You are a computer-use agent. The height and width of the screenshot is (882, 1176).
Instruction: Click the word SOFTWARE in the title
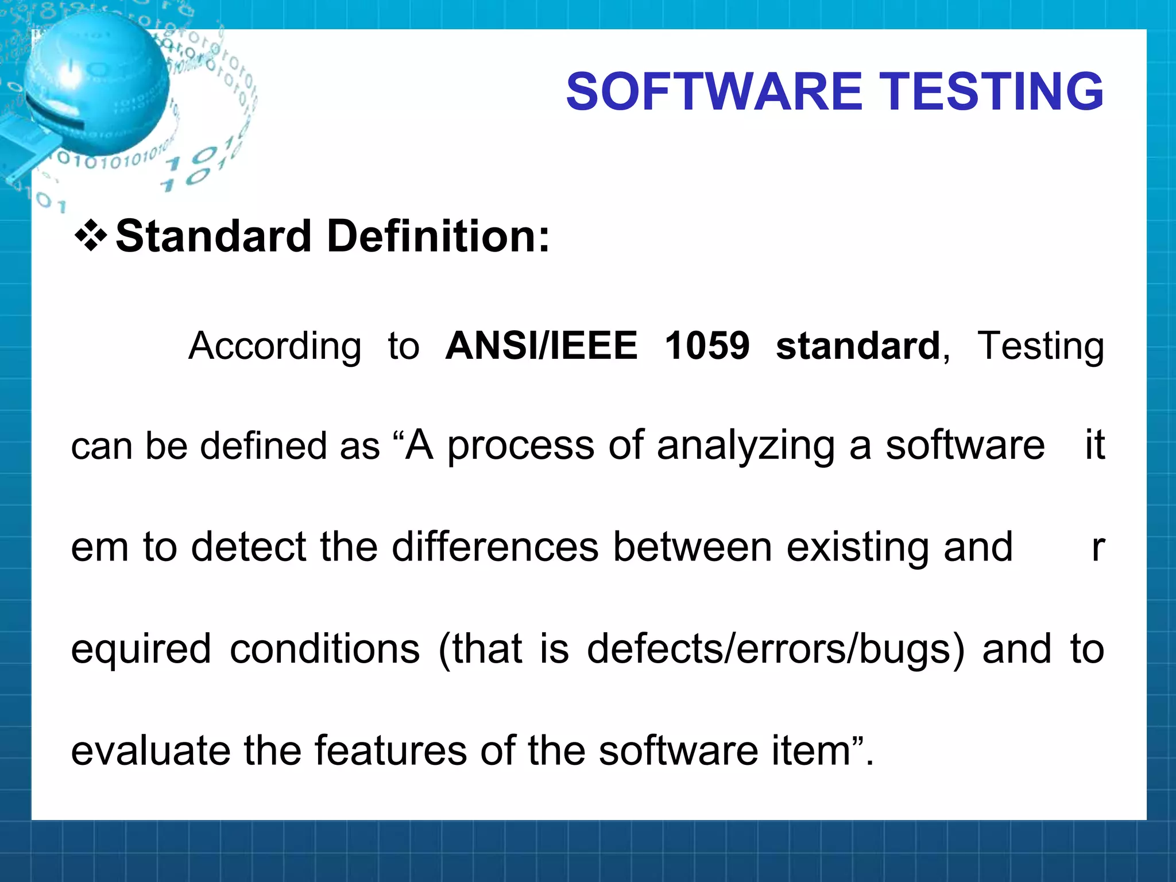click(x=714, y=92)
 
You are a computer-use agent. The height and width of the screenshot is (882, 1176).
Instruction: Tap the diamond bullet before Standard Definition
click(x=91, y=236)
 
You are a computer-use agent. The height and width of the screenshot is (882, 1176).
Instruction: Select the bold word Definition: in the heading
click(x=438, y=236)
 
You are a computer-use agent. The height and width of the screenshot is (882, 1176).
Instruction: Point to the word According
click(x=275, y=346)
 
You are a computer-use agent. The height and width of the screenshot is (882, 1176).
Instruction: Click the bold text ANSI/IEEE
click(x=541, y=346)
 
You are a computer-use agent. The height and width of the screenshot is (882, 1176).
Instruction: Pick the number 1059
click(x=707, y=346)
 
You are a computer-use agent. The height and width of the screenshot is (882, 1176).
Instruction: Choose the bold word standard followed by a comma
click(x=858, y=346)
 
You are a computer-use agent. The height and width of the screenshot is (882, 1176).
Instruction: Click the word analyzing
click(x=746, y=447)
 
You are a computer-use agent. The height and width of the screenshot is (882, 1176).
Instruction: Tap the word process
click(x=520, y=447)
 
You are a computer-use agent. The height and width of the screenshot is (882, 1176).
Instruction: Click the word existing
click(x=857, y=548)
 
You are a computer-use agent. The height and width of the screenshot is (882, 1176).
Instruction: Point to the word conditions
click(x=325, y=649)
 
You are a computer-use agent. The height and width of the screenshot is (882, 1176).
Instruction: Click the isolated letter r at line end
click(x=1097, y=548)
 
